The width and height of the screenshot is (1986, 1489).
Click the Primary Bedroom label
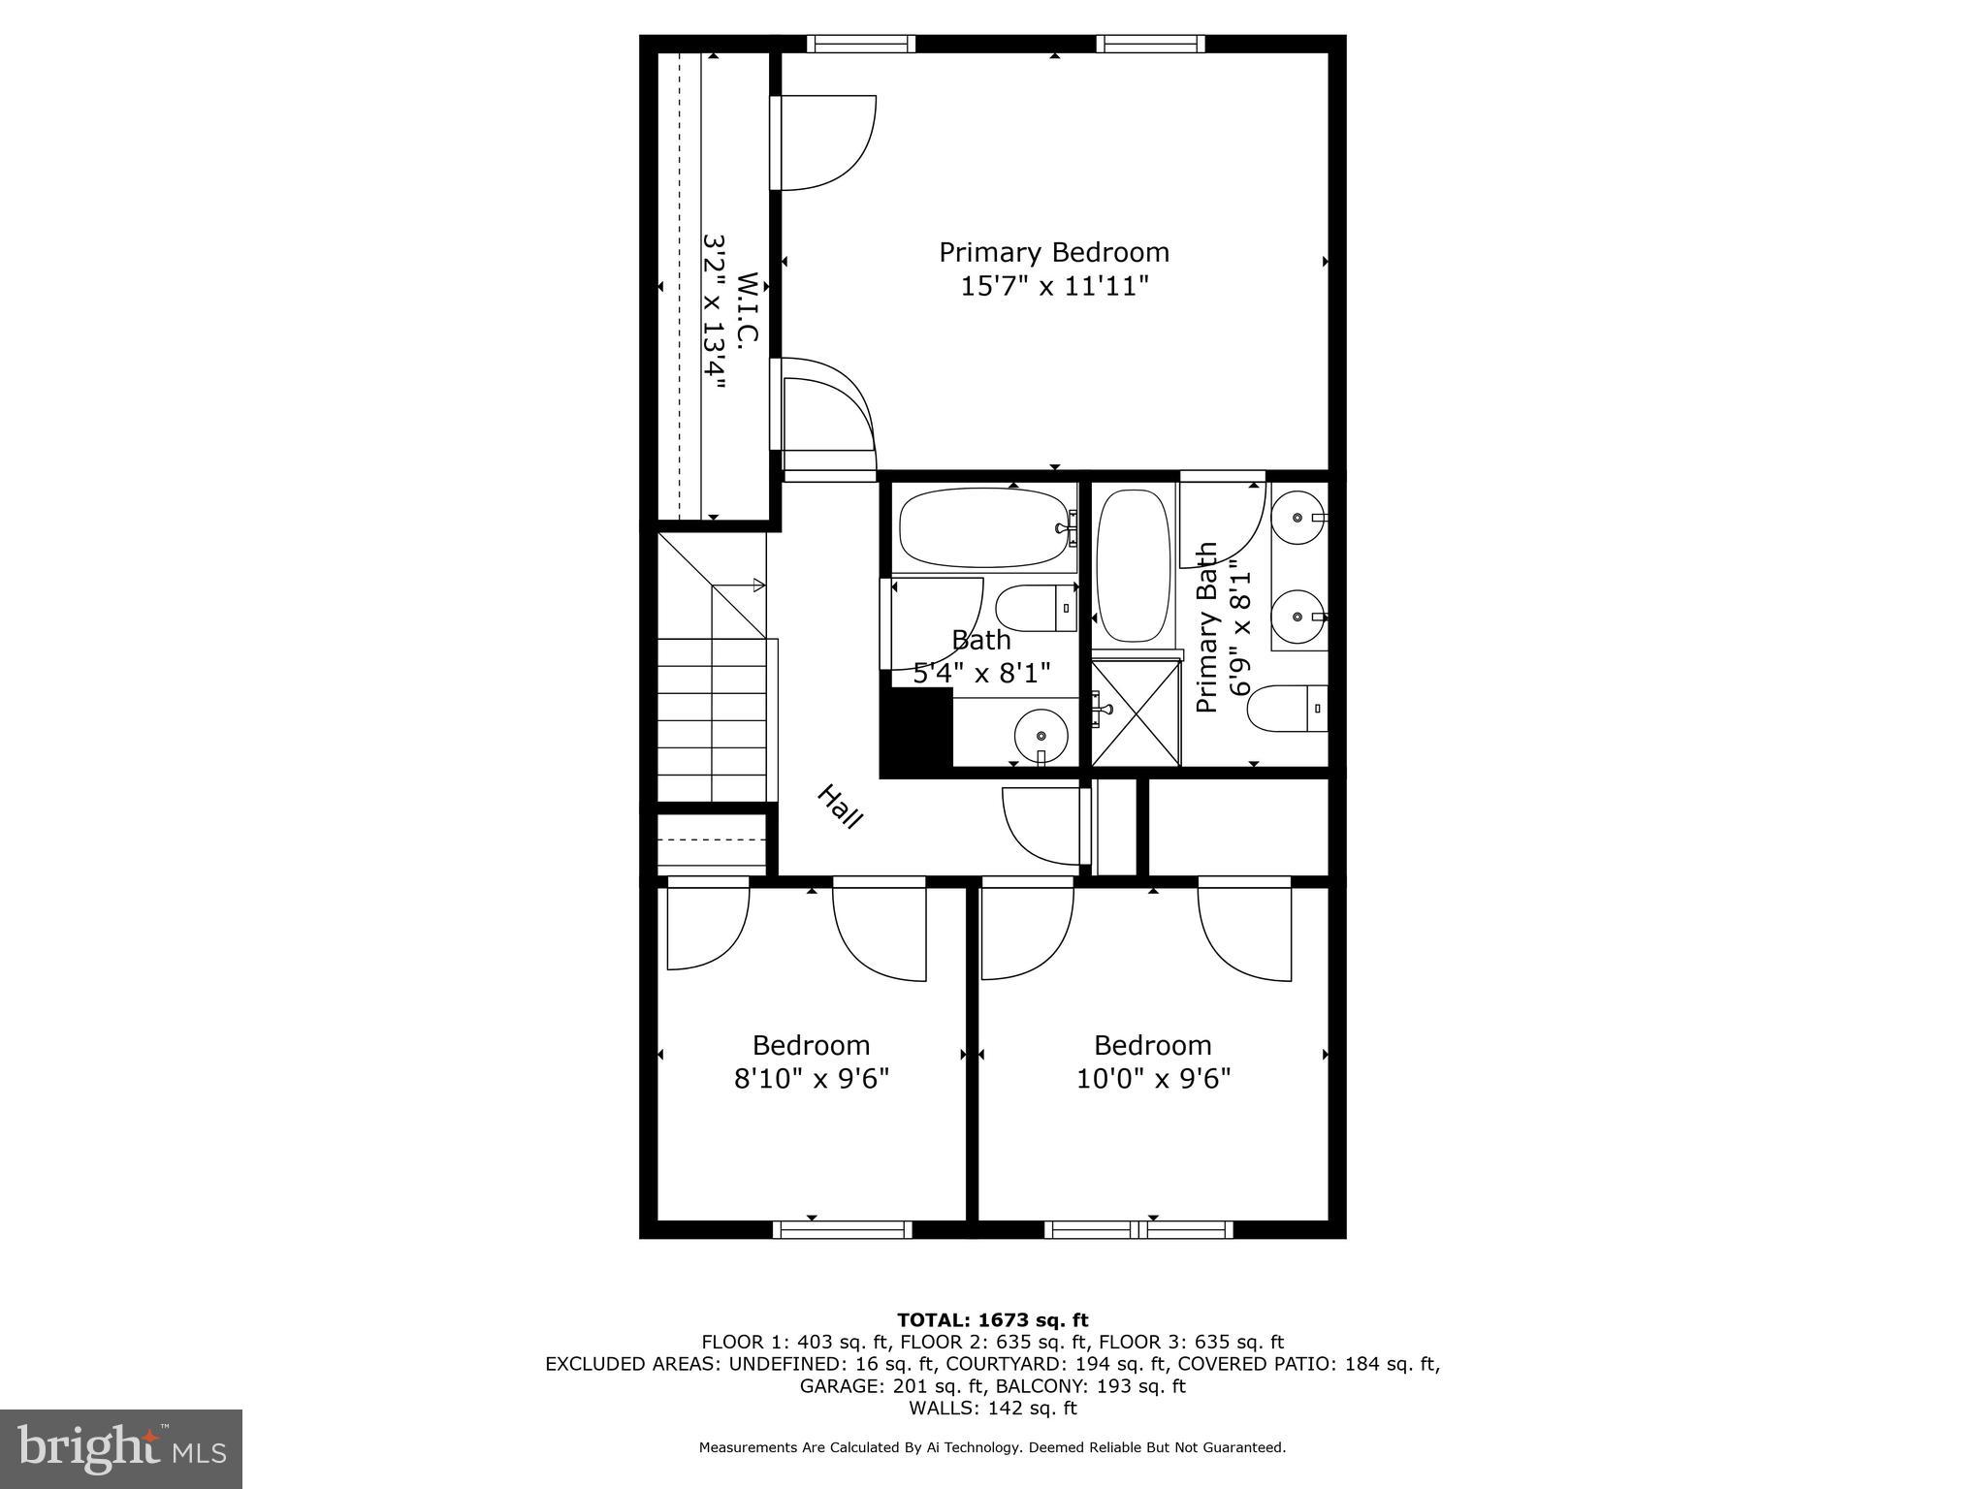pyautogui.click(x=1054, y=252)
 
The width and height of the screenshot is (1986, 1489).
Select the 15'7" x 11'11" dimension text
pyautogui.click(x=1054, y=286)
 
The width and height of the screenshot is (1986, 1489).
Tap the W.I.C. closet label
pyautogui.click(x=746, y=308)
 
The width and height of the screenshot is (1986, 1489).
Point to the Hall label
pyautogui.click(x=839, y=807)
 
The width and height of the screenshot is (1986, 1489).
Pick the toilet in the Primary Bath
pyautogui.click(x=1286, y=709)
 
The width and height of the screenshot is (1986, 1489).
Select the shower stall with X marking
pyautogui.click(x=1136, y=713)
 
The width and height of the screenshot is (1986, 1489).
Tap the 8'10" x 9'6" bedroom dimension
pyautogui.click(x=812, y=1078)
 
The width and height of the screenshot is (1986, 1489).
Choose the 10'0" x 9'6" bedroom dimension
pyautogui.click(x=1153, y=1078)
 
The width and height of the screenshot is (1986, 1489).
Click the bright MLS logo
pyautogui.click(x=121, y=1449)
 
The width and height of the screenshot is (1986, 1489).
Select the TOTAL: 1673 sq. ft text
pyautogui.click(x=992, y=1320)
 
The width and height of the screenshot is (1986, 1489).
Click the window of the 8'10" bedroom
pyautogui.click(x=842, y=1229)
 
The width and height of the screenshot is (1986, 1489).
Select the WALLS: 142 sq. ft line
pyautogui.click(x=992, y=1408)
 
